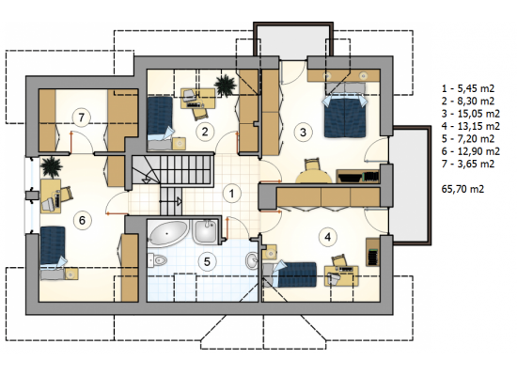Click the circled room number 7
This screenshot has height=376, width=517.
click(x=82, y=117)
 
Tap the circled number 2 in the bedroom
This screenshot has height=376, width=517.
click(x=205, y=132)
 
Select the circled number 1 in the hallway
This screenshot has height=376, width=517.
click(x=231, y=194)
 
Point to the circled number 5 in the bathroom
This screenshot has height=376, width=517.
click(x=207, y=262)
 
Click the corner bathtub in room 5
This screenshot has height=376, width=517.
click(x=168, y=233)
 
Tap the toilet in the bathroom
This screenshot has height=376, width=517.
click(x=156, y=260)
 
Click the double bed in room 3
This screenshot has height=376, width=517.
click(x=345, y=115)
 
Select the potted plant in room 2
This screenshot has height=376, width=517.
click(x=226, y=86)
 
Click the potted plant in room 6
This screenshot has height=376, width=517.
click(x=52, y=166)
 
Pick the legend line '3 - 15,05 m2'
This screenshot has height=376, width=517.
click(x=471, y=114)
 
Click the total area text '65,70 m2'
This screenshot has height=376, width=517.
click(x=462, y=189)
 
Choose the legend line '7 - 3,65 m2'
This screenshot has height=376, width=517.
click(x=468, y=164)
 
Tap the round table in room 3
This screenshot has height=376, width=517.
click(x=314, y=176)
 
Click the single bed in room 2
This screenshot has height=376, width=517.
click(x=160, y=123)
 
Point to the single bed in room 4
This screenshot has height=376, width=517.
click(x=290, y=274)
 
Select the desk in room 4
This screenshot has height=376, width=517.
click(x=341, y=275)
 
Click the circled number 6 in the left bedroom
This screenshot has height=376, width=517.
click(x=82, y=220)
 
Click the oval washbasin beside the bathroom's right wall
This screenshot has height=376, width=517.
click(x=252, y=260)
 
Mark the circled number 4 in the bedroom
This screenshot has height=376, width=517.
click(x=327, y=237)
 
